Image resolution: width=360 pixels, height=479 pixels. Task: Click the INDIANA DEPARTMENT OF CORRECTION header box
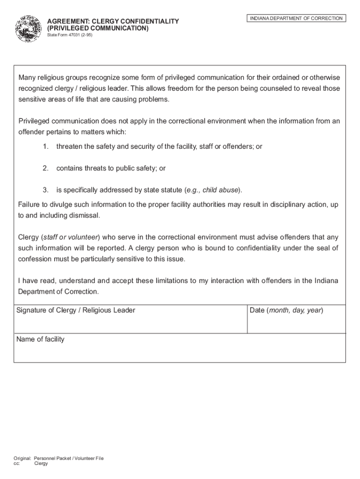[x=296, y=18]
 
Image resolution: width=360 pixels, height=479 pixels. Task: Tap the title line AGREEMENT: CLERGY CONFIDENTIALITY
[x=113, y=22]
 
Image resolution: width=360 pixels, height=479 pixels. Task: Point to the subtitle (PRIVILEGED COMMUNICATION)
[x=98, y=28]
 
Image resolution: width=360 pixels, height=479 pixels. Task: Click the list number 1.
[x=45, y=146]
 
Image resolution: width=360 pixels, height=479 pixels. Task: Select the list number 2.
[x=45, y=168]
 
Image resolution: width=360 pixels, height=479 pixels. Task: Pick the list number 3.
[x=45, y=190]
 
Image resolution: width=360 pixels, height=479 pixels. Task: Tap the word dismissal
[x=84, y=216]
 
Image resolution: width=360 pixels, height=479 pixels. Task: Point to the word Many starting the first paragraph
[x=27, y=77]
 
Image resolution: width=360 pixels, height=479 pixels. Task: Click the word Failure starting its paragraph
[x=30, y=205]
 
